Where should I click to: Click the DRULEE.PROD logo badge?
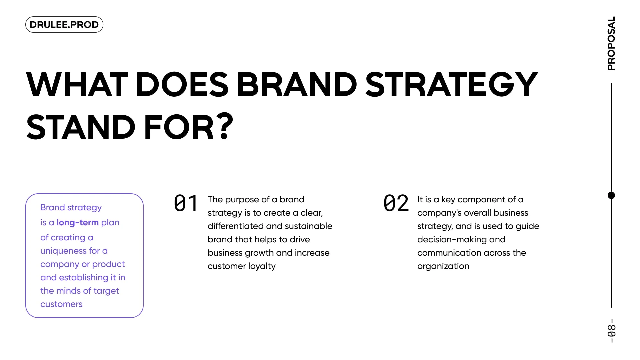pyautogui.click(x=64, y=25)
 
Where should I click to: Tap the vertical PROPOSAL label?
pyautogui.click(x=611, y=44)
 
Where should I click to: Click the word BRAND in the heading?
pyautogui.click(x=297, y=84)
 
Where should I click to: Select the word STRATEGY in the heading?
pyautogui.click(x=452, y=84)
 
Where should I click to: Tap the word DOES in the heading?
pyautogui.click(x=182, y=84)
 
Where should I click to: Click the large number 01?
pyautogui.click(x=186, y=203)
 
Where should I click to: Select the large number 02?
pyautogui.click(x=396, y=203)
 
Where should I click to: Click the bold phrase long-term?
pyautogui.click(x=78, y=222)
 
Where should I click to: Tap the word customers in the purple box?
pyautogui.click(x=61, y=304)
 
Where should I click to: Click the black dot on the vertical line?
pyautogui.click(x=611, y=195)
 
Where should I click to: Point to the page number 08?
pyautogui.click(x=612, y=331)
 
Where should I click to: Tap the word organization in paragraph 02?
pyautogui.click(x=443, y=266)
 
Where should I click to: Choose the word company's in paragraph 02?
pyautogui.click(x=439, y=213)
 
